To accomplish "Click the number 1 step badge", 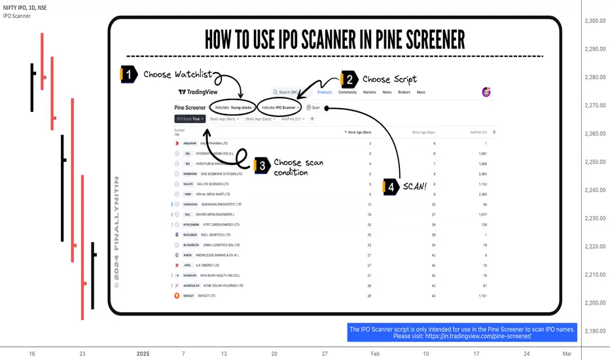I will tap(130, 75).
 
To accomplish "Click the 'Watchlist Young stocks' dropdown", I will tap(233, 107).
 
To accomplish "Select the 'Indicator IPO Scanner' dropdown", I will tap(279, 107).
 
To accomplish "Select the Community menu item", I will tap(348, 92).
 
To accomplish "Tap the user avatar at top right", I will tap(486, 92).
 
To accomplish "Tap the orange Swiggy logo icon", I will tap(176, 296).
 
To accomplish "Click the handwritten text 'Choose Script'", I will tap(389, 80).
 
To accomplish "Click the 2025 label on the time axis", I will tap(143, 353).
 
